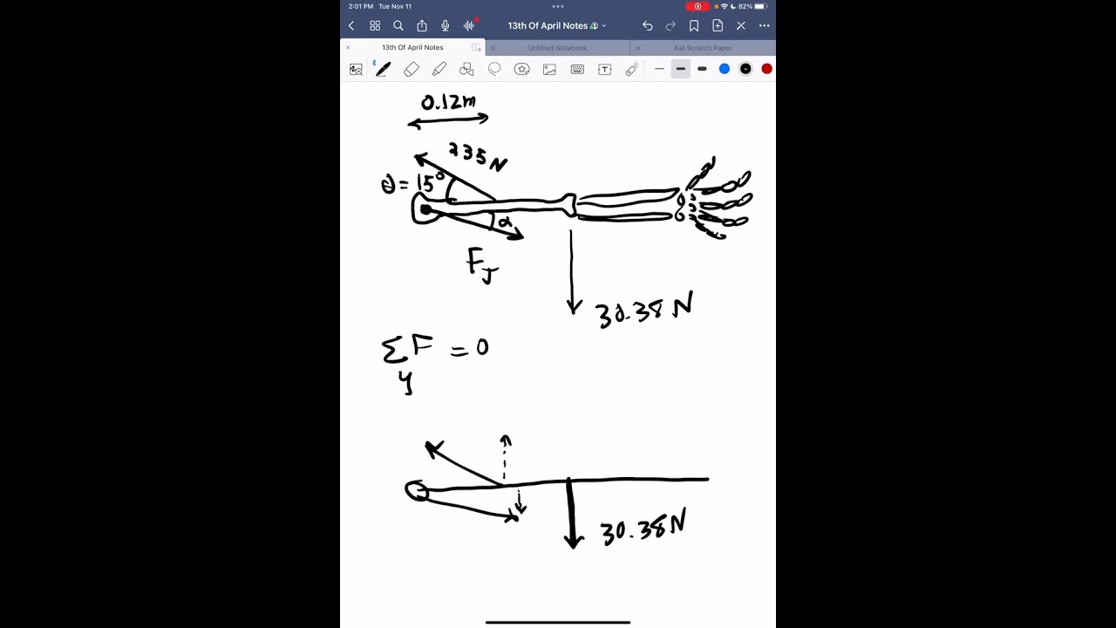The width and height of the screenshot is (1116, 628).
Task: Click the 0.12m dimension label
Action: coord(448,102)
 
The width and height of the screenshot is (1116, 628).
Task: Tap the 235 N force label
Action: coord(477,156)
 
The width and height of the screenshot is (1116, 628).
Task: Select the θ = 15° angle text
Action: coord(413,184)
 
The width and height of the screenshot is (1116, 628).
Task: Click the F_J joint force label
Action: coord(481,264)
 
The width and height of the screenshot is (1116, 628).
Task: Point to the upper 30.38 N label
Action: coord(643,311)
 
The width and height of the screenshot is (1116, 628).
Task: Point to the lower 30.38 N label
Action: coord(643,528)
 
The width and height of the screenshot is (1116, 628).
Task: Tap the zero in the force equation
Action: coord(482,348)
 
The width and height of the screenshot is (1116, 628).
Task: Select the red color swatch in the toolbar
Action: coord(766,69)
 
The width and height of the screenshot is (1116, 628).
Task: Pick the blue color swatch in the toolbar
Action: coord(724,69)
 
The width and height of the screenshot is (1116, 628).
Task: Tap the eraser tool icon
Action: coord(412,69)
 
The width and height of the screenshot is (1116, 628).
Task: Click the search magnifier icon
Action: coord(398,26)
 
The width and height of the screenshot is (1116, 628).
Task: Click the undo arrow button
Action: coord(647,26)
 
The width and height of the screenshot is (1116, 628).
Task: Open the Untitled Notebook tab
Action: coord(557,48)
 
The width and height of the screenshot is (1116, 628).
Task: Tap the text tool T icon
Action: coord(604,69)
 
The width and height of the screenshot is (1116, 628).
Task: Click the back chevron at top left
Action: coord(351,26)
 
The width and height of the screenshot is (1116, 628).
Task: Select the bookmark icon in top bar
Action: coord(694,26)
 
